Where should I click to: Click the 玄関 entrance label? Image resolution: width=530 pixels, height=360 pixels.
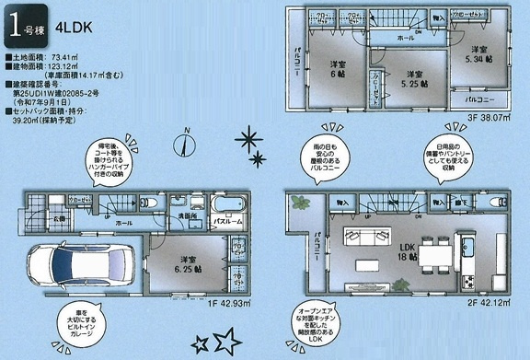(58, 219)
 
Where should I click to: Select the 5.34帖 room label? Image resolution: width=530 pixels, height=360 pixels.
(477, 54)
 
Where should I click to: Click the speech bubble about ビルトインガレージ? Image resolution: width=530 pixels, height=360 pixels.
(85, 329)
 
